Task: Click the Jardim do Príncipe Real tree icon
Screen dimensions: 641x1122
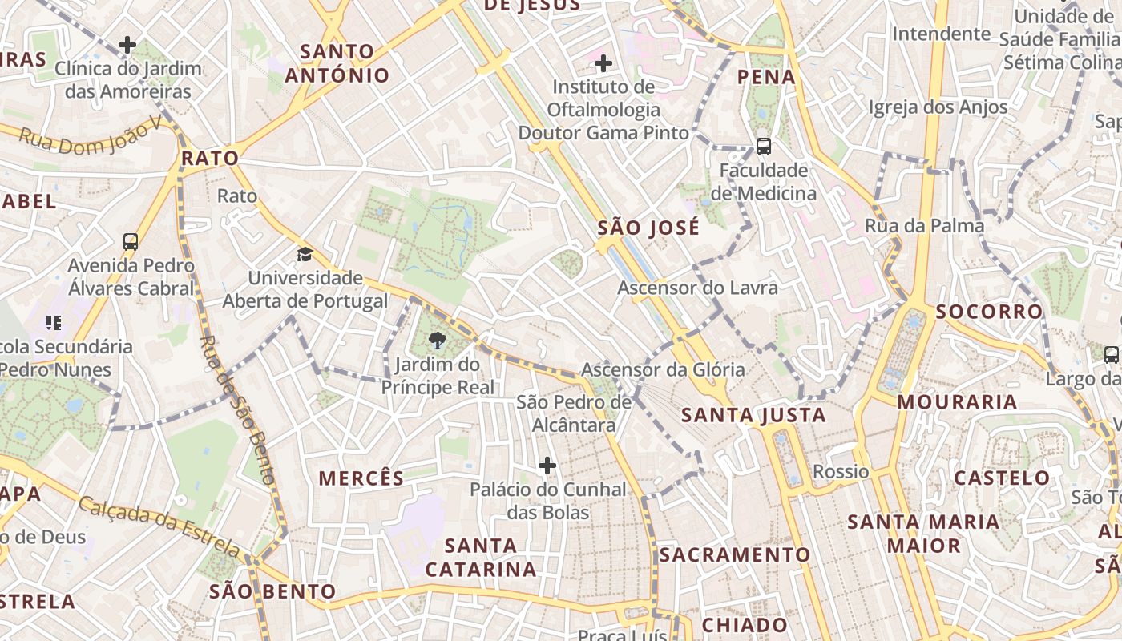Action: tap(438, 342)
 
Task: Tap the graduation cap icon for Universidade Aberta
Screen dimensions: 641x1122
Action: tap(305, 255)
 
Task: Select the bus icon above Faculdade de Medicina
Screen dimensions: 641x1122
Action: tap(764, 147)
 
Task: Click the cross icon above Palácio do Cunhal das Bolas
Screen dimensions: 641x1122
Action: tap(547, 466)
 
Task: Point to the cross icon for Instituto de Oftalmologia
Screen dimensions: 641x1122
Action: tap(603, 62)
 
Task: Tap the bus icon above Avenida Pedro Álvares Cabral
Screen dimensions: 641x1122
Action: tap(131, 241)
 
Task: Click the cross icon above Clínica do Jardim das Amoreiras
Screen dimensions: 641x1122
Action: tap(127, 45)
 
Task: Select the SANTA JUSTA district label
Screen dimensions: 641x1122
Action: tap(753, 415)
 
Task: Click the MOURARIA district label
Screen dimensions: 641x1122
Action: tap(957, 402)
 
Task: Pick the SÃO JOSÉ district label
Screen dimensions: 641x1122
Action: tap(648, 228)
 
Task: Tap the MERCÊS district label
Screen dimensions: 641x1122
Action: tap(361, 479)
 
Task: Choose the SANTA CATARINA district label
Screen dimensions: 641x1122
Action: tap(481, 558)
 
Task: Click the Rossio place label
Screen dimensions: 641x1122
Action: tap(841, 471)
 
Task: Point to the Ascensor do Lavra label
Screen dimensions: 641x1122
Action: tap(697, 288)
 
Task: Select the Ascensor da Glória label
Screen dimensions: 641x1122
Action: tap(663, 370)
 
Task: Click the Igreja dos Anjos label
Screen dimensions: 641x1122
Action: tap(938, 107)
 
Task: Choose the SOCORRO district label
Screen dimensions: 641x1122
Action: tap(989, 312)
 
